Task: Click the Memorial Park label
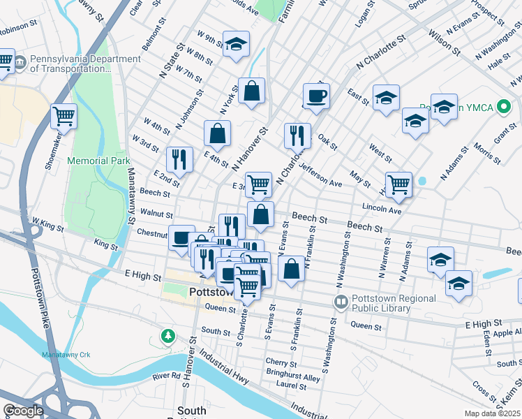pyautogui.click(x=98, y=161)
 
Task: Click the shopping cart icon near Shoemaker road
pyautogui.click(x=64, y=116)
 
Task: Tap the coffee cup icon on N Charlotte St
pyautogui.click(x=315, y=96)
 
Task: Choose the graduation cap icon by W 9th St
pyautogui.click(x=236, y=44)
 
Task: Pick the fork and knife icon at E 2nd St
pyautogui.click(x=179, y=159)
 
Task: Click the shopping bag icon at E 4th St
pyautogui.click(x=217, y=133)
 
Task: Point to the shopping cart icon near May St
pyautogui.click(x=398, y=184)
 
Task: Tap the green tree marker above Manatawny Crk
pyautogui.click(x=167, y=337)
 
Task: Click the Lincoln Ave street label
pyautogui.click(x=382, y=209)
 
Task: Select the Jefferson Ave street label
pyautogui.click(x=322, y=176)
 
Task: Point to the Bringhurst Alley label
pyautogui.click(x=292, y=378)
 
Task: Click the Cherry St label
pyautogui.click(x=281, y=362)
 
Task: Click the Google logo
pyautogui.click(x=23, y=411)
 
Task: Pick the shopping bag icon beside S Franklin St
pyautogui.click(x=291, y=267)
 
